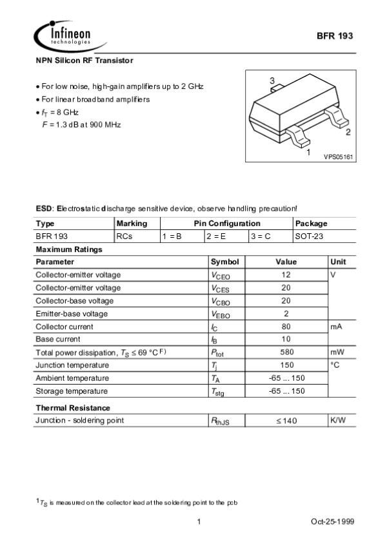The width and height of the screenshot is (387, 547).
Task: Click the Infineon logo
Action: [x=63, y=34]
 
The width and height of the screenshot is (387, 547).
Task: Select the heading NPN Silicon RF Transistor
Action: [x=84, y=60]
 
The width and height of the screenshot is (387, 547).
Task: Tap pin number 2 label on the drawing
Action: [x=348, y=133]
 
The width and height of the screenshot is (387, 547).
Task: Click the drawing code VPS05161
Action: [x=339, y=157]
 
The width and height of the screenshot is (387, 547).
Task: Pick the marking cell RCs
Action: [x=124, y=236]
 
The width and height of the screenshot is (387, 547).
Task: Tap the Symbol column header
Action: [x=224, y=262]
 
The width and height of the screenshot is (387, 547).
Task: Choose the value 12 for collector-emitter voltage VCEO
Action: [x=286, y=275]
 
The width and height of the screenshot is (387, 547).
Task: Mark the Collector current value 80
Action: [x=286, y=327]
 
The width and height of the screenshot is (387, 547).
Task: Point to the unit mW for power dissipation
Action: [x=337, y=352]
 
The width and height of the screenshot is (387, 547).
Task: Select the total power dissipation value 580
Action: [x=286, y=352]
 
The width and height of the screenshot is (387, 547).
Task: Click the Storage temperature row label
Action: [x=72, y=391]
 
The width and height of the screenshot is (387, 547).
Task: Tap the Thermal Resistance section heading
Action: [x=73, y=408]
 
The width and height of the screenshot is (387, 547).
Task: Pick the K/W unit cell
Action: [x=338, y=421]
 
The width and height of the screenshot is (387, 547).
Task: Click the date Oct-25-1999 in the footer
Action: [x=333, y=521]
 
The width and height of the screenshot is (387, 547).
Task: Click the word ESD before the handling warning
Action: [x=43, y=209]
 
